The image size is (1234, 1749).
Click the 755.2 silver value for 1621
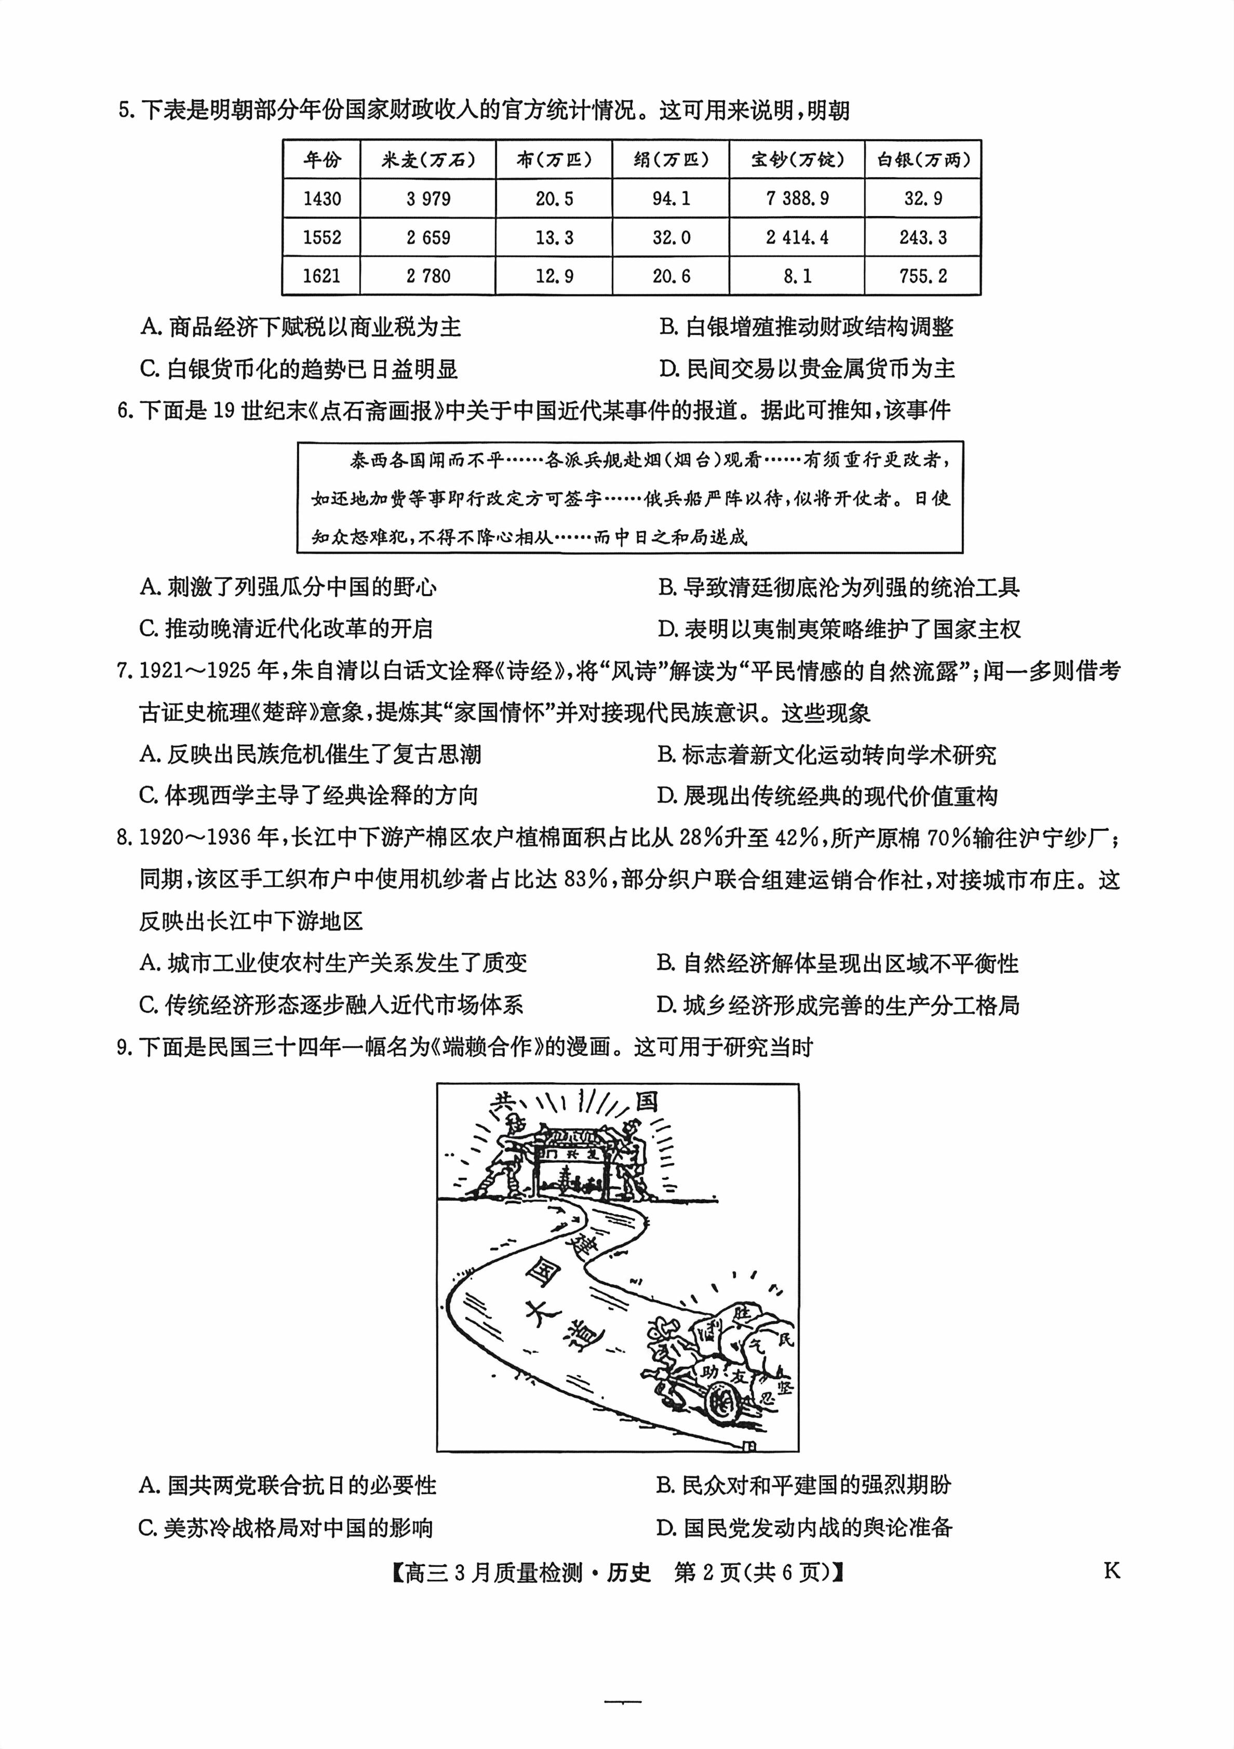(922, 276)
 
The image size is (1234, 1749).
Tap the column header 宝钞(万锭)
(797, 160)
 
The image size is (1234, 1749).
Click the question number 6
(125, 411)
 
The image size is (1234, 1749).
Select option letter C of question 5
(149, 369)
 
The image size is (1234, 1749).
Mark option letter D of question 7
(666, 796)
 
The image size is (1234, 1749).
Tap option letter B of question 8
(666, 964)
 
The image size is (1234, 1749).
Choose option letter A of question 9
(149, 1485)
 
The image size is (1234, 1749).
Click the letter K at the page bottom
(1111, 1571)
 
